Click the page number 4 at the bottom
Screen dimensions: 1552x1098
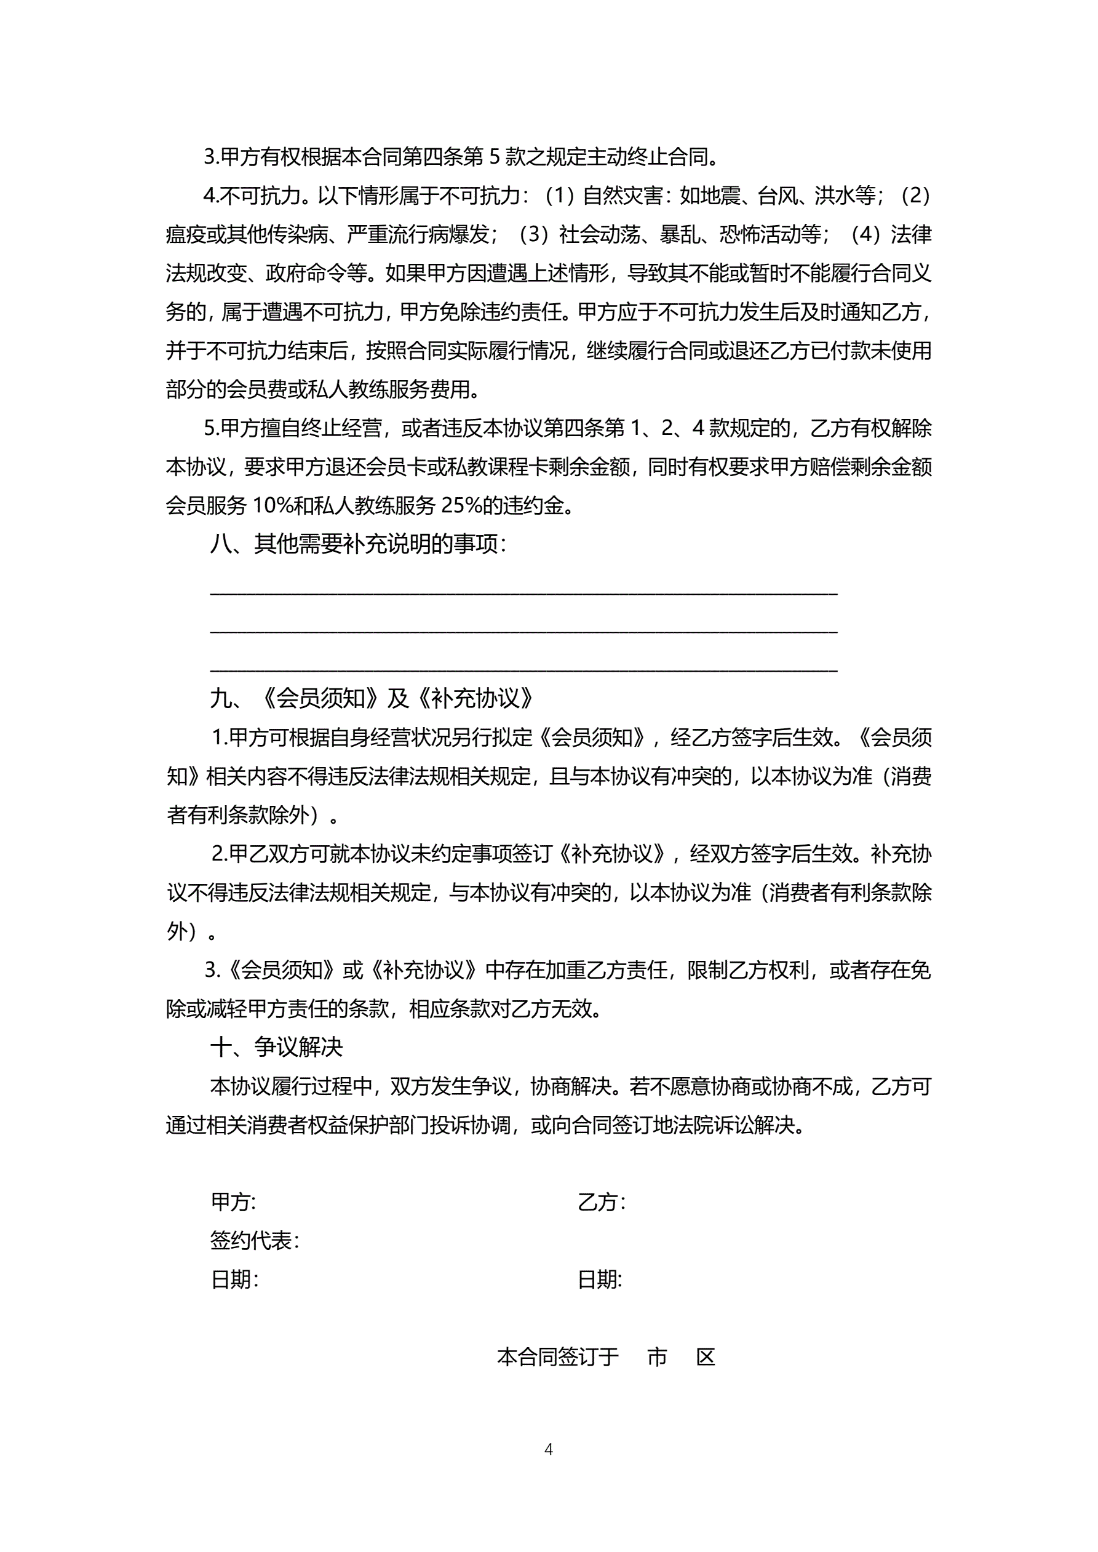[548, 1449]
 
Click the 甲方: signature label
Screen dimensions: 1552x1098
[233, 1201]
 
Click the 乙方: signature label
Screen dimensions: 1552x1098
[601, 1201]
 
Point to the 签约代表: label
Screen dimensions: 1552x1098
[254, 1240]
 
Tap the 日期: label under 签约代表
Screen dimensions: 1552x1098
[234, 1279]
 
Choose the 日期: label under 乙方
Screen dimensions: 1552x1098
[600, 1279]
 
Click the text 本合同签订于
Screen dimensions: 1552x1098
[558, 1356]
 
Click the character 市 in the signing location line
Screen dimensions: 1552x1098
[657, 1356]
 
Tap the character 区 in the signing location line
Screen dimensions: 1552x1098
[706, 1356]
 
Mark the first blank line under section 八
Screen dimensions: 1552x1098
[523, 592]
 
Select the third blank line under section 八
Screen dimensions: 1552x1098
[523, 669]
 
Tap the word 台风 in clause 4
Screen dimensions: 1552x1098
[778, 196]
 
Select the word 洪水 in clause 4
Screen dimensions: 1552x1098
[834, 196]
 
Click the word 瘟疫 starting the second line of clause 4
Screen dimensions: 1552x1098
[185, 234]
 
